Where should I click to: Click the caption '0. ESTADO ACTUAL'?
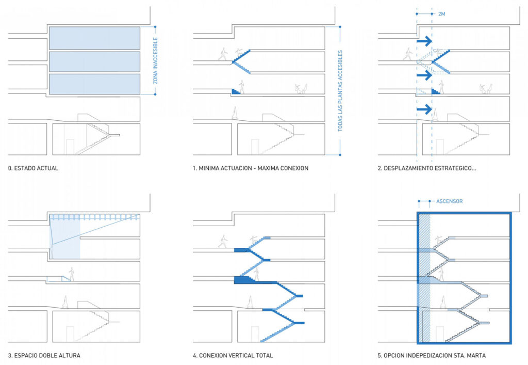(x=33, y=168)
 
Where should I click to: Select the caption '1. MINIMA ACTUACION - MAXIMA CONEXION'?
(x=251, y=168)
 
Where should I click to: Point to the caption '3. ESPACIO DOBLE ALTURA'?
(x=44, y=355)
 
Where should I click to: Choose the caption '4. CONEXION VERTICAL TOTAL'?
(x=233, y=355)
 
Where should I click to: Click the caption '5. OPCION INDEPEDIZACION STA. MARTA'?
(x=431, y=355)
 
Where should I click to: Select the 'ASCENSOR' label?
(x=449, y=201)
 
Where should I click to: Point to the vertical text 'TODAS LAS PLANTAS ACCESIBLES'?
(x=340, y=91)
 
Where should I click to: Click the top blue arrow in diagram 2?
(x=424, y=41)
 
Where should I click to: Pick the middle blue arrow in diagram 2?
(x=424, y=75)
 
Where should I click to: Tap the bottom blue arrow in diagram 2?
(x=424, y=109)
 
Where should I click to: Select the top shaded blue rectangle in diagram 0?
(x=94, y=38)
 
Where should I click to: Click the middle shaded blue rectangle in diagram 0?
(x=94, y=61)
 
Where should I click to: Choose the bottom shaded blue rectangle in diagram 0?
(x=94, y=84)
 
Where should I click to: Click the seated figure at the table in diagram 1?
(x=300, y=89)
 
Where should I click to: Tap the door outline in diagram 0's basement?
(x=70, y=147)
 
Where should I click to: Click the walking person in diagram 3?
(x=72, y=274)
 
